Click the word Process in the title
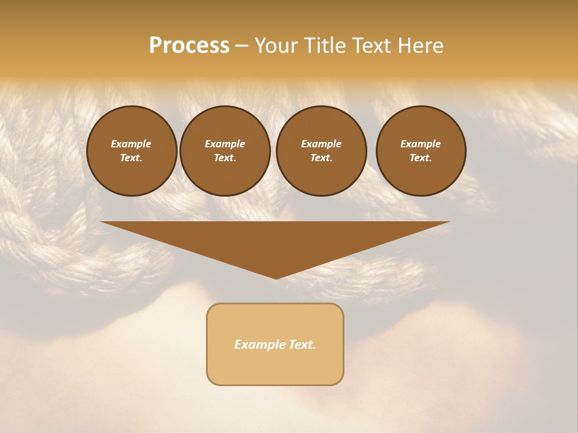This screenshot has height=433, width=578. click(189, 46)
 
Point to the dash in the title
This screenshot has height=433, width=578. click(241, 46)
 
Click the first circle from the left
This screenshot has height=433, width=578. click(132, 151)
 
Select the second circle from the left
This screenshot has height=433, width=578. click(225, 151)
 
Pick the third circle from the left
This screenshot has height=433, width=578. click(321, 151)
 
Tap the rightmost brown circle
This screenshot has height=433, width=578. click(421, 151)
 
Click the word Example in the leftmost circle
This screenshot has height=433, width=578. click(131, 144)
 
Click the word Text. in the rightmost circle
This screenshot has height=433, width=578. click(421, 158)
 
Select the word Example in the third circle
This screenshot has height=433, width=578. click(321, 144)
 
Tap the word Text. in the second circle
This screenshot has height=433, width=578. click(225, 158)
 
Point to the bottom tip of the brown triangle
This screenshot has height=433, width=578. click(276, 277)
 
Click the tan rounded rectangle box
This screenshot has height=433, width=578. click(275, 367)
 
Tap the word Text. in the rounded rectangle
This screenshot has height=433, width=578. click(303, 345)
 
